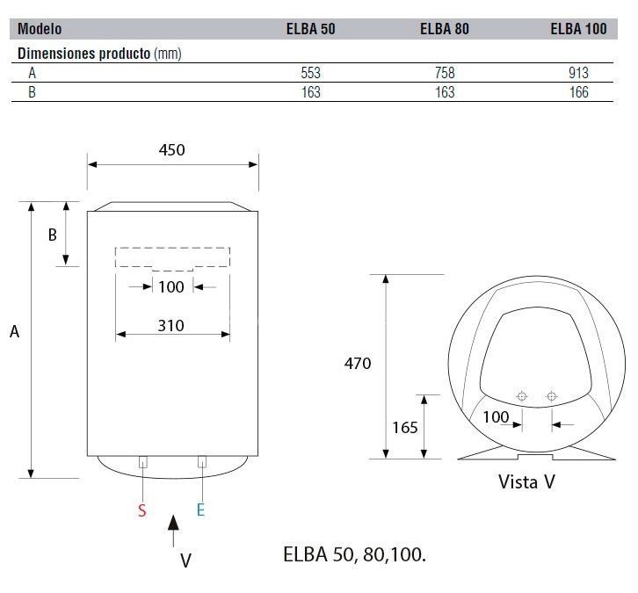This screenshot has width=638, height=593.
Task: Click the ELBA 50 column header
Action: pyautogui.click(x=310, y=29)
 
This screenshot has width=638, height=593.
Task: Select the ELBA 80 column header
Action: pyautogui.click(x=445, y=29)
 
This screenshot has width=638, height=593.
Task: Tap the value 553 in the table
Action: pyautogui.click(x=310, y=74)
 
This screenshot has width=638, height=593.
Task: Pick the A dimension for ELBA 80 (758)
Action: pyautogui.click(x=445, y=74)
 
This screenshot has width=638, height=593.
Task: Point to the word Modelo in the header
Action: pyautogui.click(x=40, y=29)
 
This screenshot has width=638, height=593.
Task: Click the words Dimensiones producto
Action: pyautogui.click(x=84, y=54)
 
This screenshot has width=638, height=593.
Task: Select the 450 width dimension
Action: pyautogui.click(x=171, y=149)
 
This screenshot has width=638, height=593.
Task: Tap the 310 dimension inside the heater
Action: pyautogui.click(x=171, y=325)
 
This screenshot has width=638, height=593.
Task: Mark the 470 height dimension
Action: pyautogui.click(x=358, y=363)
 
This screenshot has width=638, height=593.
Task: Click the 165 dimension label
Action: pyautogui.click(x=405, y=427)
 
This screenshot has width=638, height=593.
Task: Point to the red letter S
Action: pyautogui.click(x=142, y=510)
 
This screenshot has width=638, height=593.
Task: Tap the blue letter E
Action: pyautogui.click(x=200, y=510)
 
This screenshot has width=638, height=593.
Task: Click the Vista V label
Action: pyautogui.click(x=526, y=481)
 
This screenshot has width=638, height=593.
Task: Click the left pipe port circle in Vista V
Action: pyautogui.click(x=522, y=397)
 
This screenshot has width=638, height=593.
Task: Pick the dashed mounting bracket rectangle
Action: pyautogui.click(x=172, y=258)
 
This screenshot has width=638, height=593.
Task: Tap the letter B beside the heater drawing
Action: pyautogui.click(x=52, y=235)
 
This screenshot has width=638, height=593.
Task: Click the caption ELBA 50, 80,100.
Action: pyautogui.click(x=356, y=555)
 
